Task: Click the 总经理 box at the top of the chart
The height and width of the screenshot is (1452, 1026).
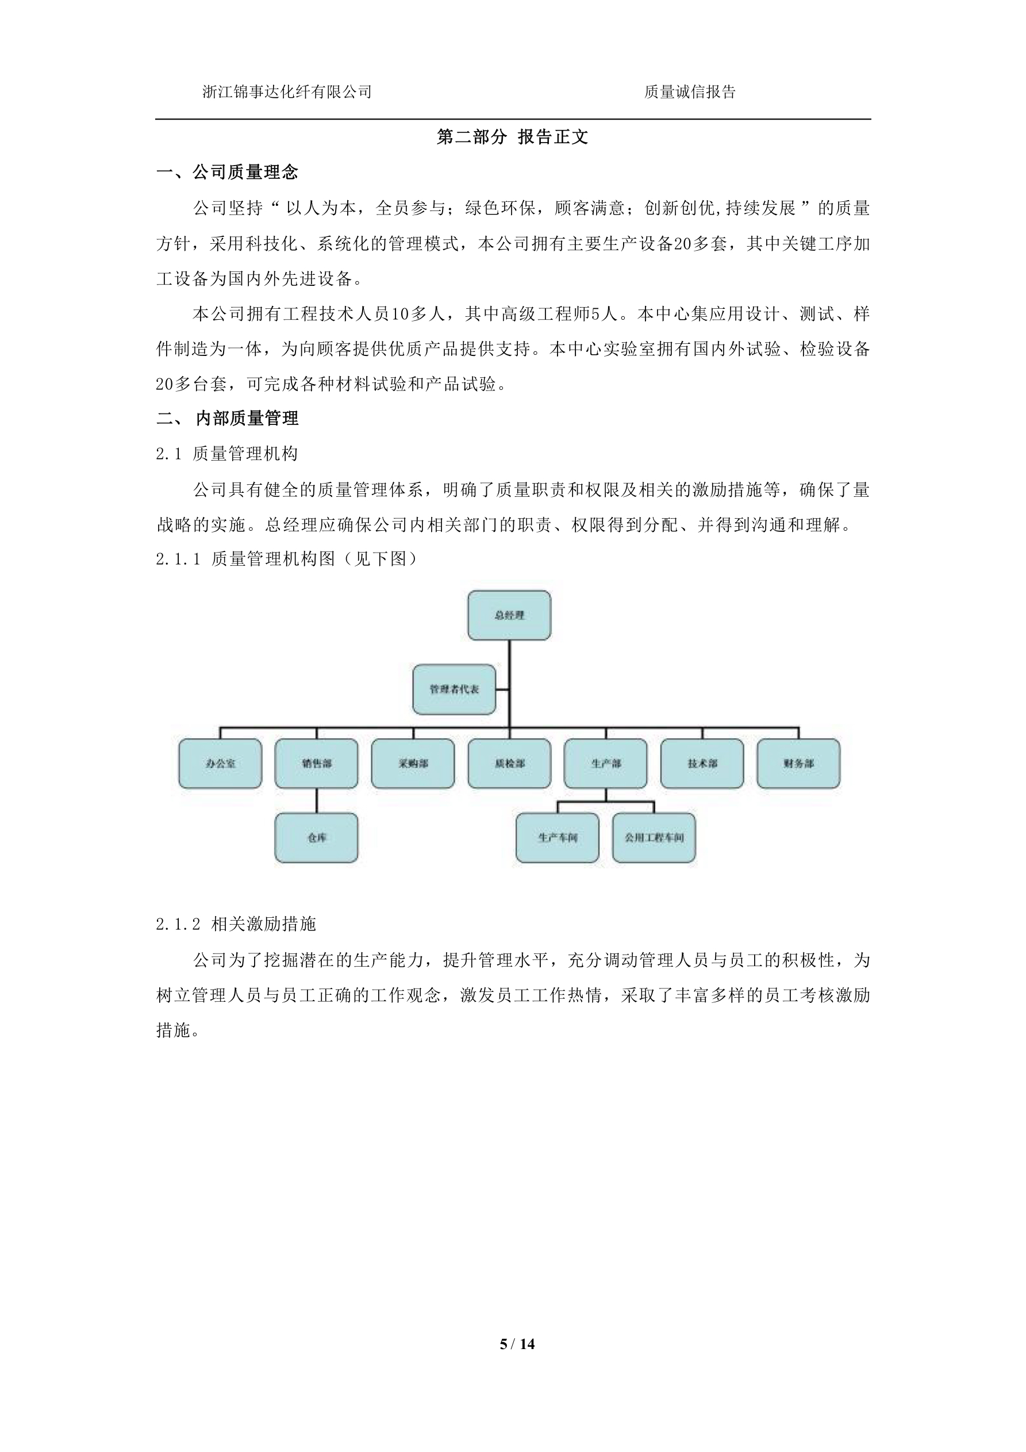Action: tap(509, 615)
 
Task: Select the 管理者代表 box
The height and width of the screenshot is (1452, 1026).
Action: tap(454, 689)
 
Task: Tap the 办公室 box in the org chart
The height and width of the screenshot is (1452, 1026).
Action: tap(220, 763)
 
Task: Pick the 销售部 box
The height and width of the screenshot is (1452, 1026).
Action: tap(316, 763)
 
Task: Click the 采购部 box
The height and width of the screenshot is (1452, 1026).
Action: tap(413, 763)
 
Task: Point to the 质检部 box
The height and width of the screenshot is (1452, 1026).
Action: tap(509, 763)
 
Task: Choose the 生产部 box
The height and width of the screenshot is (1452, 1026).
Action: tap(606, 763)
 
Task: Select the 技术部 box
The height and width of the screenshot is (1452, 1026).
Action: tap(702, 763)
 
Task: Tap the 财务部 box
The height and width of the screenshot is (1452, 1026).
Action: tap(798, 763)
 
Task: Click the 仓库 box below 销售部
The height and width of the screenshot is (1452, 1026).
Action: tap(316, 837)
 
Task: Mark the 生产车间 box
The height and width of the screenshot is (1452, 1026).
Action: tap(557, 837)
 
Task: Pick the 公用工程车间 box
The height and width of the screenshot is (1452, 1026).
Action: tap(654, 837)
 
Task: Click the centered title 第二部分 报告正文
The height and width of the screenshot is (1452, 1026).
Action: tap(513, 137)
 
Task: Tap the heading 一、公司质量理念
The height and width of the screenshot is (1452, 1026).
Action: tap(227, 172)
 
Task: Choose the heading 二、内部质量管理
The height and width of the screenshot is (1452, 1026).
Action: tap(227, 418)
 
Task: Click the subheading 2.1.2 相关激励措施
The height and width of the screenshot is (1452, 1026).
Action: tap(236, 924)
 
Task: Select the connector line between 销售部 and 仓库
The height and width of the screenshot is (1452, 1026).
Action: tap(317, 800)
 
